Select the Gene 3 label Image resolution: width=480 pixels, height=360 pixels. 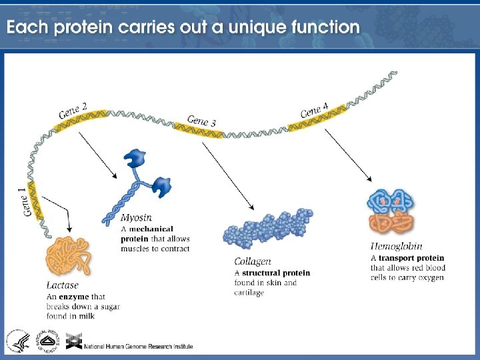(201, 121)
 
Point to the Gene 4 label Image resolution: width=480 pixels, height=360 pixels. (314, 110)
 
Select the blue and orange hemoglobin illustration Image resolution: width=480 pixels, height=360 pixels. (393, 212)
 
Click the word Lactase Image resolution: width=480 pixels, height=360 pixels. (63, 286)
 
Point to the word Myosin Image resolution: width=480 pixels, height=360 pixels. (136, 218)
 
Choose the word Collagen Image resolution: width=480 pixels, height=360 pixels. (253, 262)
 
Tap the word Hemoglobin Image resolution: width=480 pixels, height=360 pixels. (396, 247)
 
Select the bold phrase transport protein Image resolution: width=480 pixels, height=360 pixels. (411, 257)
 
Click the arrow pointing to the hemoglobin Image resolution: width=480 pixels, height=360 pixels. (349, 153)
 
